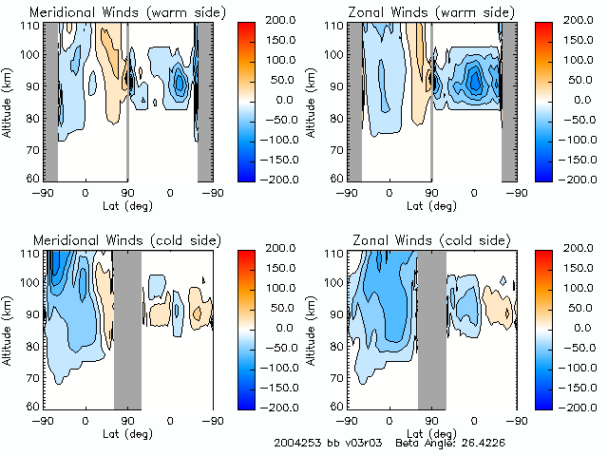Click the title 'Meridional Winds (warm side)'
coord(115,12)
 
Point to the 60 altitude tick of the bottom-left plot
coord(32,406)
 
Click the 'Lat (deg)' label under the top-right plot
coord(431,205)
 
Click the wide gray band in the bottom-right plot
coord(431,329)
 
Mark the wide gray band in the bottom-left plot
coord(127,329)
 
